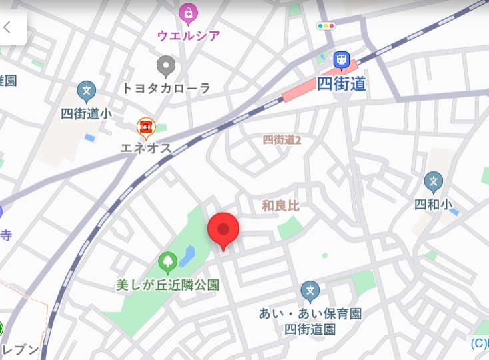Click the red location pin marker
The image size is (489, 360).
[x=223, y=230]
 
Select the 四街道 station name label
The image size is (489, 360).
[x=342, y=84]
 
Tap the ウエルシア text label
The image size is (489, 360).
[x=189, y=35]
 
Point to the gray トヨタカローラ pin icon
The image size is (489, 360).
[x=166, y=65]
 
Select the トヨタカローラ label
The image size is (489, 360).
[x=166, y=88]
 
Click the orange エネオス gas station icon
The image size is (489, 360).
[x=145, y=126]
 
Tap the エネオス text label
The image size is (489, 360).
[x=145, y=148]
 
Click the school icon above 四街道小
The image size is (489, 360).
[x=86, y=91]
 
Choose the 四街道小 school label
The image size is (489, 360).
[x=86, y=113]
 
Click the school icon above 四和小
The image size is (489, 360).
[x=434, y=181]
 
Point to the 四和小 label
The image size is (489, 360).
[x=434, y=204]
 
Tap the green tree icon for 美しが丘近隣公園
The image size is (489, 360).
[x=167, y=261]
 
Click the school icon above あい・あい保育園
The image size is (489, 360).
[x=310, y=291]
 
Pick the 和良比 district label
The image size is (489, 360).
[x=280, y=206]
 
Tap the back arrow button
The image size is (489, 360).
[x=8, y=27]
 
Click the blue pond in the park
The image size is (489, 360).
[x=187, y=255]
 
